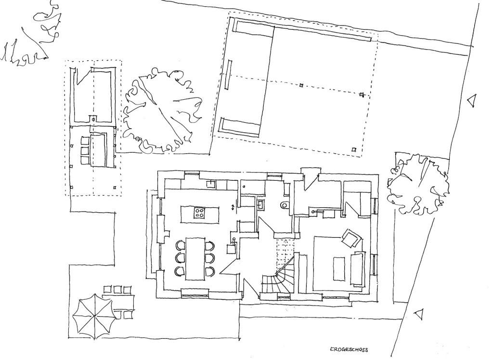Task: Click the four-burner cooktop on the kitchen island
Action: pyautogui.click(x=199, y=213)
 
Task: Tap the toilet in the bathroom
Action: pyautogui.click(x=284, y=205)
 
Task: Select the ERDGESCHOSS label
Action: pyautogui.click(x=349, y=349)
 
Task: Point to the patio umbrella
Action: pyautogui.click(x=93, y=316)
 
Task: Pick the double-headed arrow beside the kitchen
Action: pyautogui.click(x=233, y=207)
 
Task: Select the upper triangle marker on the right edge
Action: pyautogui.click(x=471, y=100)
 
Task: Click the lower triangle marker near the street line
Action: pyautogui.click(x=418, y=314)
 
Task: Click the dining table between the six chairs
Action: pyautogui.click(x=195, y=258)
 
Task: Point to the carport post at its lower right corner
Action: pyautogui.click(x=354, y=149)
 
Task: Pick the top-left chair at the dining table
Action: pyautogui.click(x=180, y=245)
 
